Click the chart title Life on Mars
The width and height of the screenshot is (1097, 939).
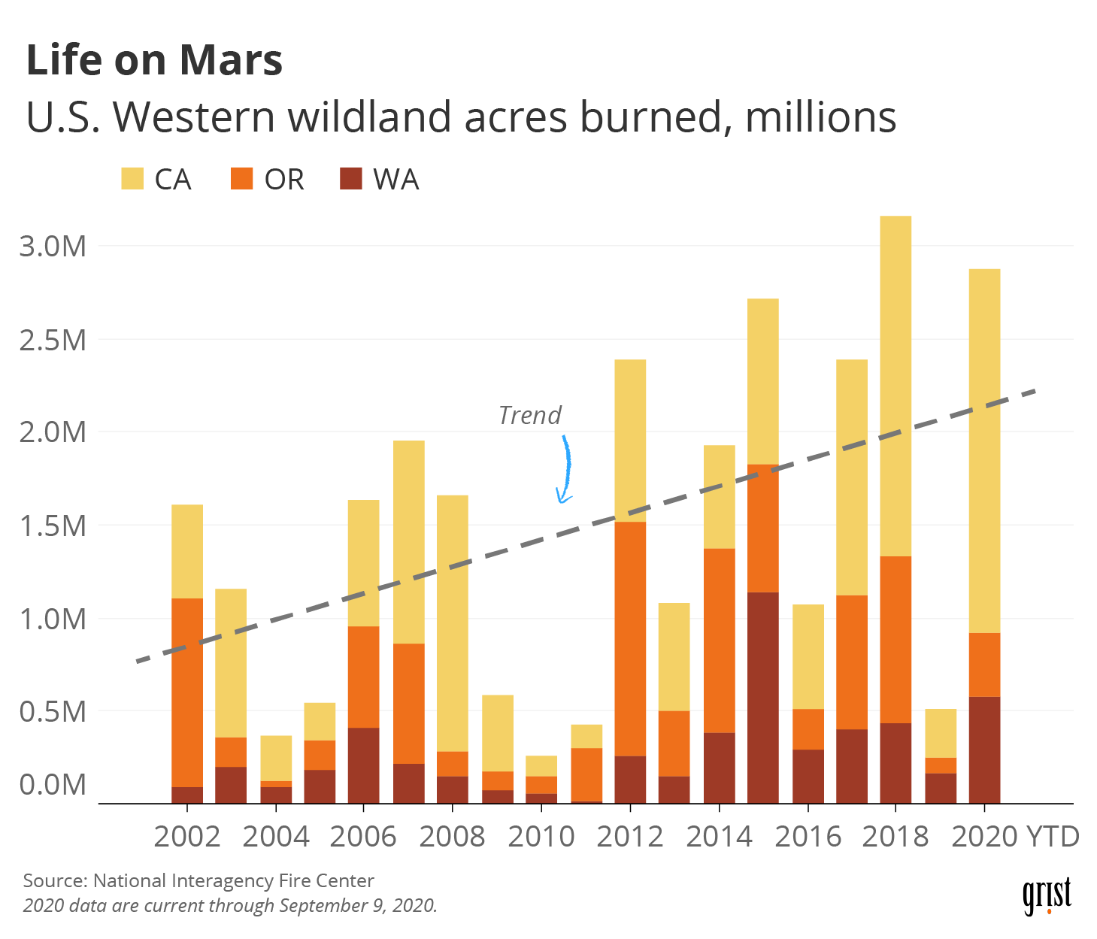[x=154, y=60]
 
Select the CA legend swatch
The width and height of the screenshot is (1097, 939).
[x=132, y=179]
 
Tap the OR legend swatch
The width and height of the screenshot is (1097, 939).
[x=241, y=179]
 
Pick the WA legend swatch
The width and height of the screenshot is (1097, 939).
[x=350, y=179]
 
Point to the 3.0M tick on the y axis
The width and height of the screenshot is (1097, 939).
[x=53, y=246]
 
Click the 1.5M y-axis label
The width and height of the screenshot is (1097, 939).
[x=53, y=526]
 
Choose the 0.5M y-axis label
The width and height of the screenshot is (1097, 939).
[x=53, y=711]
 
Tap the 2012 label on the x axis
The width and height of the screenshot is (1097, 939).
[x=630, y=836]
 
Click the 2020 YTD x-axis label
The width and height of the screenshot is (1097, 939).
[x=1015, y=836]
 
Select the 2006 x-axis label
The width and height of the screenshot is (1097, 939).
[x=363, y=836]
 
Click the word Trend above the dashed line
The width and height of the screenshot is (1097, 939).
[x=530, y=415]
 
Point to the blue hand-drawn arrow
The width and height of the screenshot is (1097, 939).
[x=565, y=470]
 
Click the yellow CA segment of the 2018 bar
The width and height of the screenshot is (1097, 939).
[x=895, y=383]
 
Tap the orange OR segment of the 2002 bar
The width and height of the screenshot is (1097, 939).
[x=187, y=692]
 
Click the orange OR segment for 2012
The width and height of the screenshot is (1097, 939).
[x=630, y=639]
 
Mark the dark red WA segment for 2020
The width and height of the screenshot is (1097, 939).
[x=984, y=750]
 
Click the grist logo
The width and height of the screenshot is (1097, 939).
[x=1047, y=895]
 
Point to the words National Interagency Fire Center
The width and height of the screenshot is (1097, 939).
[x=233, y=880]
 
